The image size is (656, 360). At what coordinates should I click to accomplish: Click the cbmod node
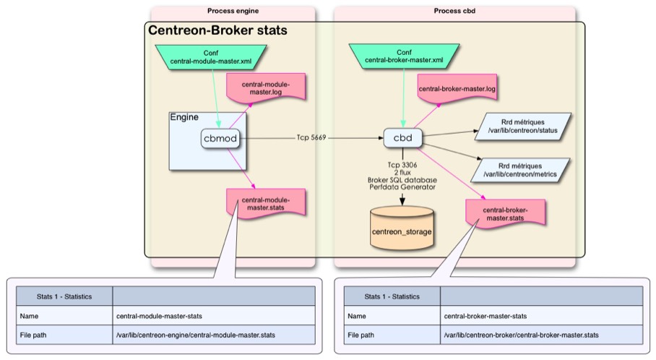(x=220, y=138)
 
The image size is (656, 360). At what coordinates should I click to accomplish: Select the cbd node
(x=402, y=137)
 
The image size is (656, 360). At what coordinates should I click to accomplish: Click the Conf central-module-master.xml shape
(x=211, y=57)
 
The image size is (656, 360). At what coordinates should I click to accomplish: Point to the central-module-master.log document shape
(x=267, y=88)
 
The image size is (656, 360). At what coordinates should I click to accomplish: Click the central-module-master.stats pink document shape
(x=266, y=205)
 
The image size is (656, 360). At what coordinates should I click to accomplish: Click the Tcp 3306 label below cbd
(x=402, y=163)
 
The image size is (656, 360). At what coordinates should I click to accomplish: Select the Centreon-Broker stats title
(x=217, y=31)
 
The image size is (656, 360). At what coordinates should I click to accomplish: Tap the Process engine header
(x=233, y=11)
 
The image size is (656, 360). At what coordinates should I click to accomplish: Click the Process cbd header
(x=454, y=11)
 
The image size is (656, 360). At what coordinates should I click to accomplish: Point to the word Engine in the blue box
(x=184, y=117)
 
